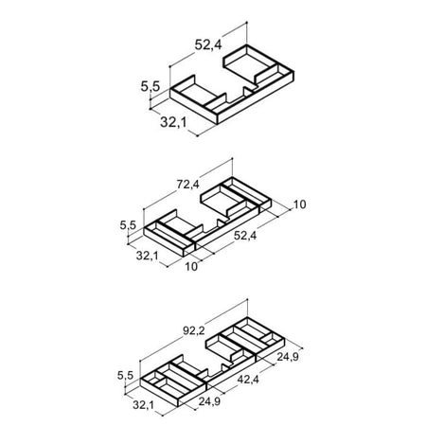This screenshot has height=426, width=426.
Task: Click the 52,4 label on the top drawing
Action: pos(208,44)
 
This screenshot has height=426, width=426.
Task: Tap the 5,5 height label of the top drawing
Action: pos(151,86)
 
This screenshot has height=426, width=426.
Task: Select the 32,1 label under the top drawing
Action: pos(173,122)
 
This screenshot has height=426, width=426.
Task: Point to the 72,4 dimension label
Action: pos(188,184)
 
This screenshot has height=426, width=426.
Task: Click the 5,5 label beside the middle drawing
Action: pos(128,225)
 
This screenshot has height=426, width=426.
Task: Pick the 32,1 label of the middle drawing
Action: pos(148,256)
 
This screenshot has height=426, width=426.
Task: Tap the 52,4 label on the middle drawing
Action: pos(245,236)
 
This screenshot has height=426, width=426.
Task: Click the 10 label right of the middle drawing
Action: pos(300,204)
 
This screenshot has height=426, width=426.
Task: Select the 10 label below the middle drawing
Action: pos(191,267)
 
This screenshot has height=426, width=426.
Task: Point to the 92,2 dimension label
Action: pos(194,330)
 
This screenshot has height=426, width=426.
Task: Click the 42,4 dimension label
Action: pos(248,380)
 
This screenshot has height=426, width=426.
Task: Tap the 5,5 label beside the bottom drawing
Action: pos(125,376)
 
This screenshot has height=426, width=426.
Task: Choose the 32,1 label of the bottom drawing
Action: pos(144,405)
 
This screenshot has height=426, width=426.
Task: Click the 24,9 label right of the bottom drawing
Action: pos(288,357)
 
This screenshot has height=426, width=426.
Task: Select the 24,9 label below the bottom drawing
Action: pos(209,401)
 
